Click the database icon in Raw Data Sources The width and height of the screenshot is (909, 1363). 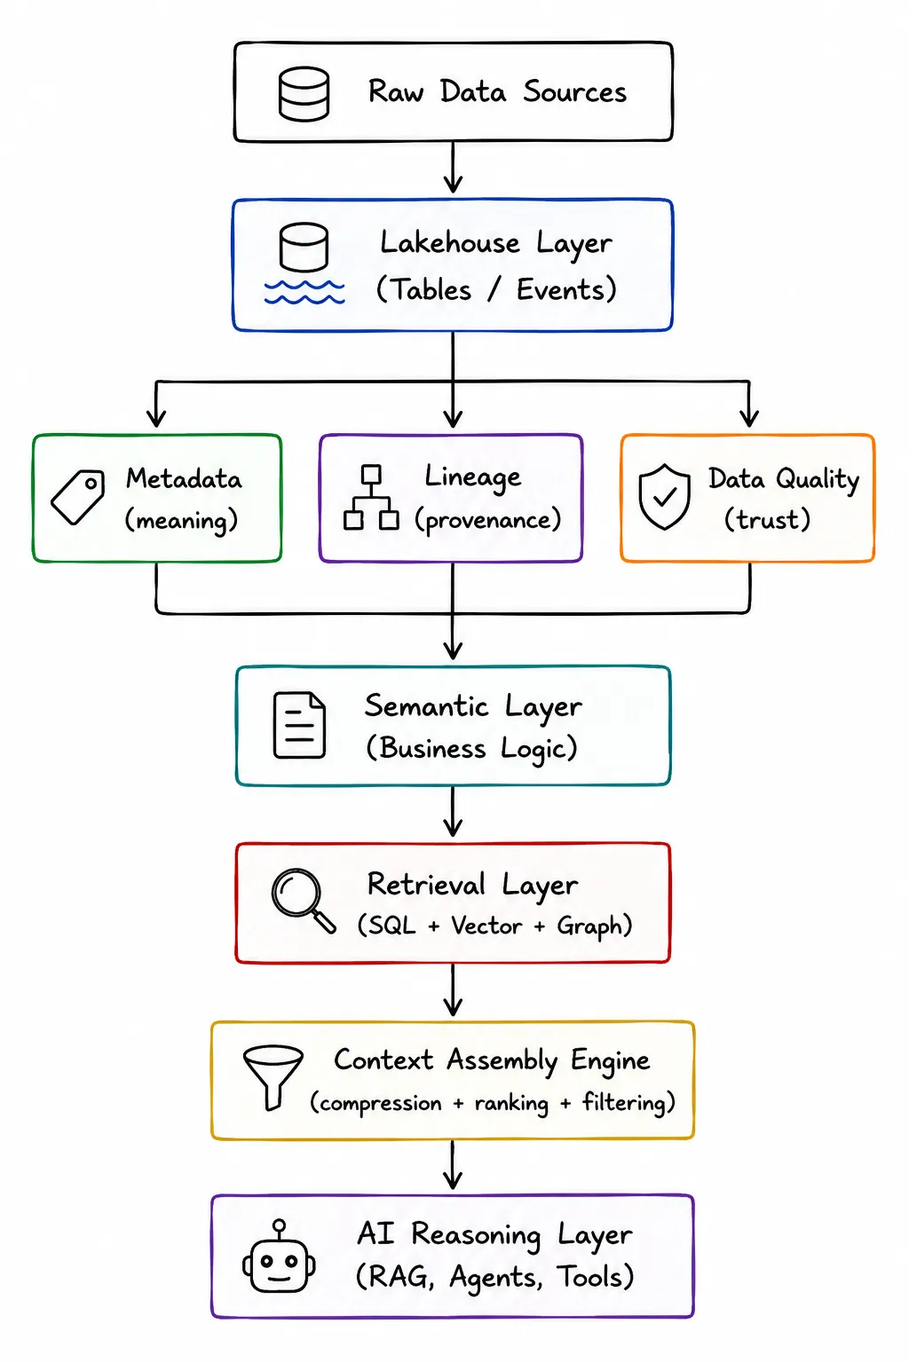coord(304,94)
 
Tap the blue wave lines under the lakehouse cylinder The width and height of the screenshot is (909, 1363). coord(304,292)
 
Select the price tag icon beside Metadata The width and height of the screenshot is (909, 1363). coord(77,497)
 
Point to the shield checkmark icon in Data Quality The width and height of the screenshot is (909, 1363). coord(664,497)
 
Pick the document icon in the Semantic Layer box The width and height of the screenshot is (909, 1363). coord(299,725)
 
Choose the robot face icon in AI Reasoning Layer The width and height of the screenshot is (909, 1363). coord(279,1256)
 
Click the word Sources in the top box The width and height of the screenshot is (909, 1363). coord(574,92)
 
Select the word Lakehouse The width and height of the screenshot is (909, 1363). coord(450,242)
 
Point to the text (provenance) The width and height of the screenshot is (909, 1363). coord(487,521)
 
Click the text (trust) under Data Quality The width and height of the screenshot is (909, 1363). coord(767,520)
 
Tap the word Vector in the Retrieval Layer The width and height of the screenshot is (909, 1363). coord(486,926)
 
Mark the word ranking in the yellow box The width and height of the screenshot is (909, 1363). coord(511,1103)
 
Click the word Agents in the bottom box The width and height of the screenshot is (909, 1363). coord(495,1277)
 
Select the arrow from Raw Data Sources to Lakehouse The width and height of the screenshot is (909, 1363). coord(453,168)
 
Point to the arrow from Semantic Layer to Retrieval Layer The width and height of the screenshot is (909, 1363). coord(453,811)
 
